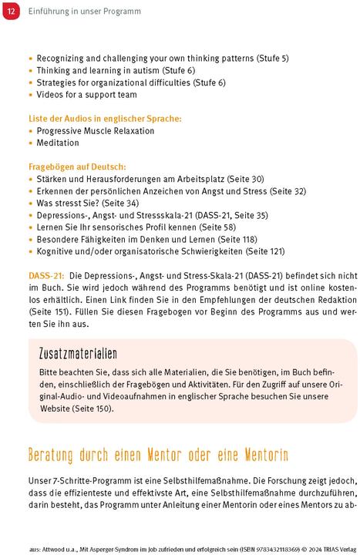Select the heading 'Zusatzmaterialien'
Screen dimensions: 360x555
(x=77, y=353)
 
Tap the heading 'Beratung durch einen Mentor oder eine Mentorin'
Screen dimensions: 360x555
(x=158, y=453)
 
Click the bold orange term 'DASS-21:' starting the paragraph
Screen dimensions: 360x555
(x=45, y=274)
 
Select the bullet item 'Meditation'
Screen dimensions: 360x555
(x=58, y=143)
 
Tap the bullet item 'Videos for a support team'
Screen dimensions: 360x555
(x=86, y=95)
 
